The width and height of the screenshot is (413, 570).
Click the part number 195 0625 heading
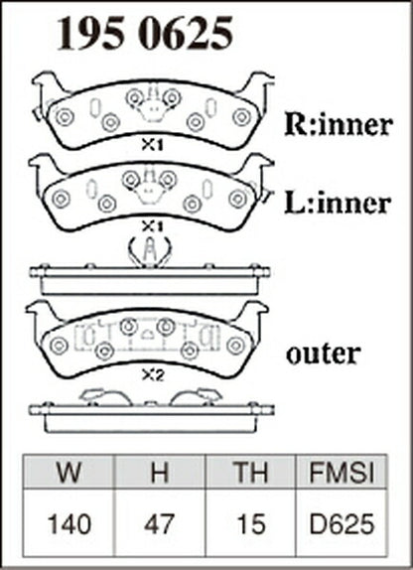tap(144, 33)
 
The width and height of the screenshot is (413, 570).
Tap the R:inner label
tap(339, 124)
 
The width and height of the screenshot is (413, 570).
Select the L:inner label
tap(338, 203)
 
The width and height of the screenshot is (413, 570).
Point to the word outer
tap(324, 354)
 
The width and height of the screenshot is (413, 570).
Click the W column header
tap(69, 473)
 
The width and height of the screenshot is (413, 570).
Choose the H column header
tap(160, 473)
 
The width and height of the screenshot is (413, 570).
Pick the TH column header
tap(251, 473)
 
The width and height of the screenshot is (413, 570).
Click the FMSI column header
tap(342, 473)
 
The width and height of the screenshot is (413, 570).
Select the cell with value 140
tap(69, 524)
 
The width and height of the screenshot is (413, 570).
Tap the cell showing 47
tap(159, 524)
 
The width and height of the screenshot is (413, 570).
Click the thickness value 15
tap(251, 524)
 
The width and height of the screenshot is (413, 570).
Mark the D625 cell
tap(342, 524)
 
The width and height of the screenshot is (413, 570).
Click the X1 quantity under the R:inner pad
tap(152, 146)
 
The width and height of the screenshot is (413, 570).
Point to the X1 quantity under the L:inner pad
tap(152, 227)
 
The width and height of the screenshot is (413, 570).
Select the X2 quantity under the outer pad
tap(153, 375)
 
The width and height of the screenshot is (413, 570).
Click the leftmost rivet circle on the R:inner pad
tap(65, 117)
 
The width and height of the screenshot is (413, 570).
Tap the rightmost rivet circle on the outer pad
tap(236, 345)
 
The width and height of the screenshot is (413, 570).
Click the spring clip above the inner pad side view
tap(150, 251)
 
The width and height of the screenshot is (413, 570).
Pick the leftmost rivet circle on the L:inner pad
tap(61, 199)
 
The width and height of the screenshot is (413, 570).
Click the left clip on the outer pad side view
tap(105, 397)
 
